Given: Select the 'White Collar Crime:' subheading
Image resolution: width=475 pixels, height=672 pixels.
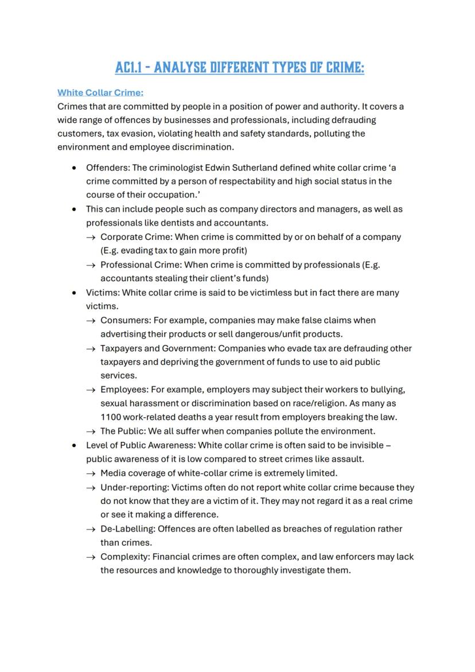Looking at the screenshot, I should [100, 92].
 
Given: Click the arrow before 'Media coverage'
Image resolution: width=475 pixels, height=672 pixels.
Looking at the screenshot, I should [91, 473].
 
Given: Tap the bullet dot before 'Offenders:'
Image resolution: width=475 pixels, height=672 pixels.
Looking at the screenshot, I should [75, 168].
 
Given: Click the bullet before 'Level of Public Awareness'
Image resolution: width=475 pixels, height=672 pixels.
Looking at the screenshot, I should [75, 445].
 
